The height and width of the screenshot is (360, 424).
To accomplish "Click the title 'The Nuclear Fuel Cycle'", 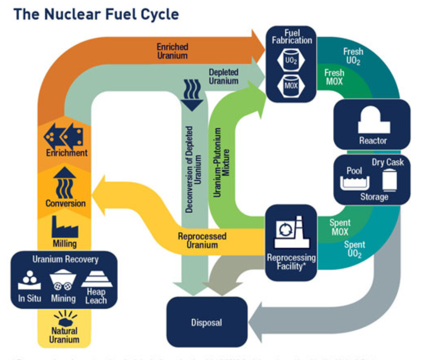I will click(x=96, y=14).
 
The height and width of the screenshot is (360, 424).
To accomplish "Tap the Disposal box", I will click(x=207, y=323).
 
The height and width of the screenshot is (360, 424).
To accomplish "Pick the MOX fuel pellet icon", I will click(x=291, y=85).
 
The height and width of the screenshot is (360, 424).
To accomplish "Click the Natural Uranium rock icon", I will click(x=65, y=318).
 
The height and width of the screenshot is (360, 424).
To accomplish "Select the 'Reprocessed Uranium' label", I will click(x=202, y=240).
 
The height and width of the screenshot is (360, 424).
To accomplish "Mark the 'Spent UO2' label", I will click(x=354, y=249).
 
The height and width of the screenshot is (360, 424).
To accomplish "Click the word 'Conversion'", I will click(x=65, y=203).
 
